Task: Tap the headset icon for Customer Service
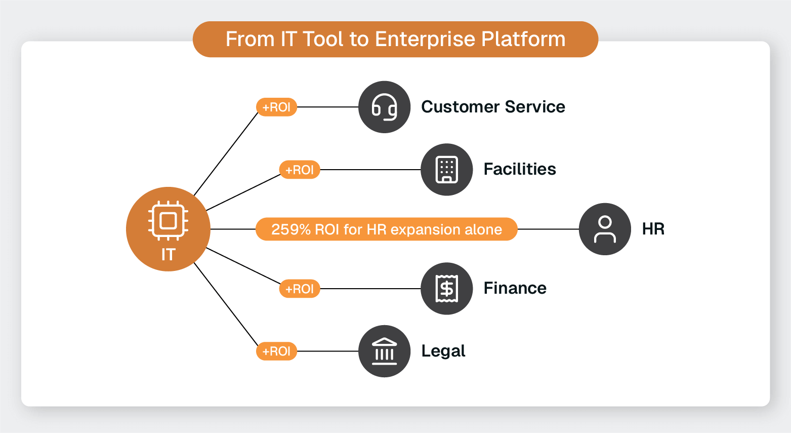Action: click(x=384, y=107)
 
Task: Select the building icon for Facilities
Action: click(x=446, y=169)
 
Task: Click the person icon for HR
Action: click(x=605, y=229)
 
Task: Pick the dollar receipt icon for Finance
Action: click(x=446, y=288)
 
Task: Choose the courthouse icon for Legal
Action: click(x=384, y=351)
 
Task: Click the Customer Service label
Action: click(x=493, y=107)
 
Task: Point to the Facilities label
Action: click(x=520, y=169)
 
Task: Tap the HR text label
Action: click(x=653, y=229)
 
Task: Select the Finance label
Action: click(x=515, y=288)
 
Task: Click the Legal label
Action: click(x=443, y=351)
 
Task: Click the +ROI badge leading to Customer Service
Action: click(x=276, y=107)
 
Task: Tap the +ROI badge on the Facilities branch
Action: click(x=300, y=170)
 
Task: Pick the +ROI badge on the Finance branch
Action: click(x=300, y=289)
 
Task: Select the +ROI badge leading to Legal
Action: click(x=276, y=351)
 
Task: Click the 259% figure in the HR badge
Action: click(x=290, y=229)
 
